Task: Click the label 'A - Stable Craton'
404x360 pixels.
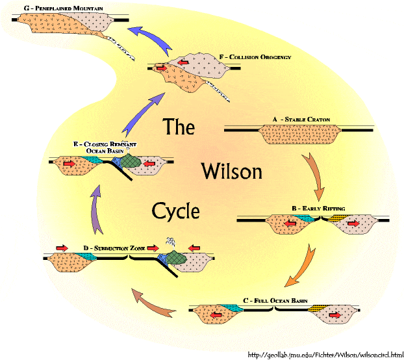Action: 301,120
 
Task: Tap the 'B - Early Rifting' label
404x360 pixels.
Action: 318,209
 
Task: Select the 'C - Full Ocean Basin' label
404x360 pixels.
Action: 275,301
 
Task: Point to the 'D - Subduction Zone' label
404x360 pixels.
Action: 114,248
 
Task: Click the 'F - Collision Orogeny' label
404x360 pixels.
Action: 255,57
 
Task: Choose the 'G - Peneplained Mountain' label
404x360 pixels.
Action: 64,8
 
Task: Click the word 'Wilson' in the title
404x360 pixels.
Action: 232,171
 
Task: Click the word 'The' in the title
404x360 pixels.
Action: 179,126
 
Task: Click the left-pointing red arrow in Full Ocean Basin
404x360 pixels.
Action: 216,315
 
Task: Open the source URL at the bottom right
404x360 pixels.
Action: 325,355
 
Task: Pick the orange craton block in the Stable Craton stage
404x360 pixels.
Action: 299,134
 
